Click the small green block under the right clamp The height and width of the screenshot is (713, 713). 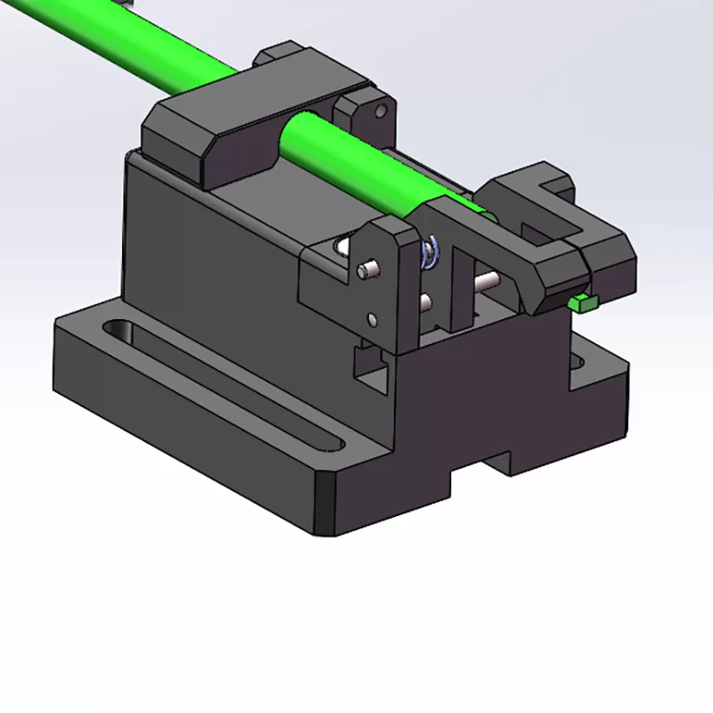[x=585, y=303]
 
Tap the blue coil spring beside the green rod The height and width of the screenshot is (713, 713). [x=430, y=252]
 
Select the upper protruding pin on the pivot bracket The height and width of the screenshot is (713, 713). [x=365, y=269]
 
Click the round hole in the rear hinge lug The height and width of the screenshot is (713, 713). [x=382, y=111]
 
